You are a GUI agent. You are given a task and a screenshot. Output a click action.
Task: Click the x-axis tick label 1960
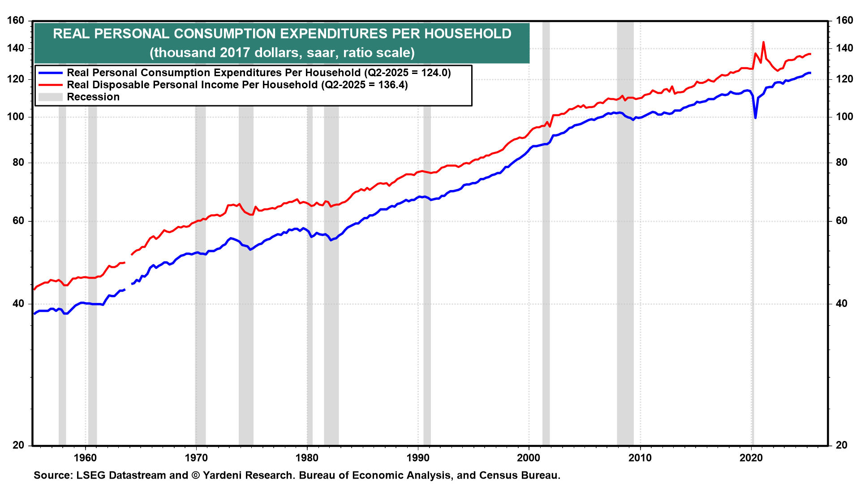coord(85,458)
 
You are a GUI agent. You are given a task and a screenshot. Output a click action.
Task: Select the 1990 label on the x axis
coord(418,458)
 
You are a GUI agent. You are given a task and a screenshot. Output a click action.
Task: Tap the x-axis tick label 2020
coord(751,458)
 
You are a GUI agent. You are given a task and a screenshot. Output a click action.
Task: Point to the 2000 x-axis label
coord(529,458)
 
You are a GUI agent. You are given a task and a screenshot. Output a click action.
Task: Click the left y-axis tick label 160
coord(16,21)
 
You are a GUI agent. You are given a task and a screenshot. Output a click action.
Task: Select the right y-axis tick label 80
coord(842,163)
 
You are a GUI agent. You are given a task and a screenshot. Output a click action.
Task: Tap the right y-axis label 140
coord(844,48)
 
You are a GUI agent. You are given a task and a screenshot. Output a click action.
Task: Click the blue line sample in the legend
coord(50,73)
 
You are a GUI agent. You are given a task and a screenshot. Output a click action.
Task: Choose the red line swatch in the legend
coord(50,85)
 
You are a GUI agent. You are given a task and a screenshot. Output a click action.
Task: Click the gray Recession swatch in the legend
coord(50,97)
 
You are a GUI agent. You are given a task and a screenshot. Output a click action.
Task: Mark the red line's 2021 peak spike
coord(763,43)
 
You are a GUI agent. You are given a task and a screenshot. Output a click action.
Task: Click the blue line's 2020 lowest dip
coord(756,118)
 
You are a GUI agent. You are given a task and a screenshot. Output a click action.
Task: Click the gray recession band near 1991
coord(427,269)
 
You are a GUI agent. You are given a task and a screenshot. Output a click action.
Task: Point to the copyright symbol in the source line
coord(195,475)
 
